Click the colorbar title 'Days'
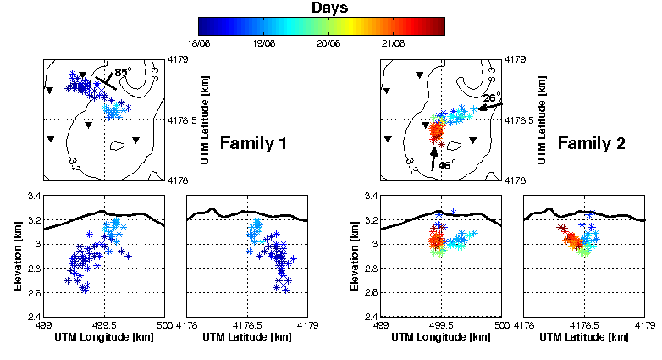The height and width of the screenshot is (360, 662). pyautogui.click(x=321, y=8)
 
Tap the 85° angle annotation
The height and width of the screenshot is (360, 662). pyautogui.click(x=122, y=73)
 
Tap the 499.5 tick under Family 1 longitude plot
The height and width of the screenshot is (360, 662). pyautogui.click(x=104, y=325)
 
